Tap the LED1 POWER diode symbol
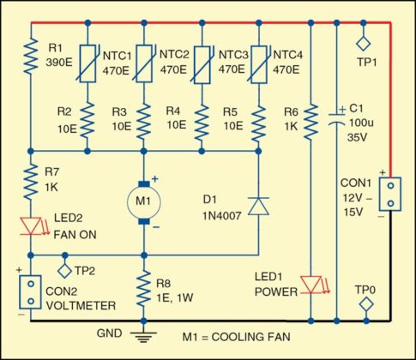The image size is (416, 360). [310, 284]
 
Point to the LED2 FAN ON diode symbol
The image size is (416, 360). [30, 226]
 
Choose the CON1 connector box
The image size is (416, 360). [389, 194]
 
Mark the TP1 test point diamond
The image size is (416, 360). [362, 41]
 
